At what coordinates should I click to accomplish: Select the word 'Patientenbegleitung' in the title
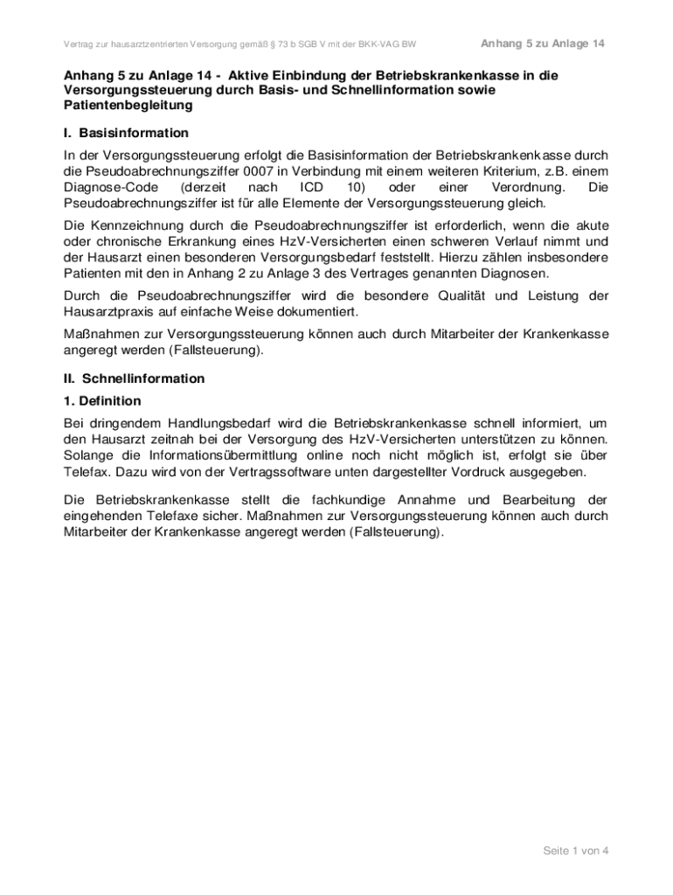pyautogui.click(x=128, y=105)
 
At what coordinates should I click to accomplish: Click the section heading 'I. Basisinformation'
pyautogui.click(x=126, y=133)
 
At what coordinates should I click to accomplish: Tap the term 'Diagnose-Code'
pyautogui.click(x=106, y=187)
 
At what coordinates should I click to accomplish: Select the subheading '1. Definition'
pyautogui.click(x=102, y=401)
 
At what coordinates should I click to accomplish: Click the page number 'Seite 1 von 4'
pyautogui.click(x=576, y=851)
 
